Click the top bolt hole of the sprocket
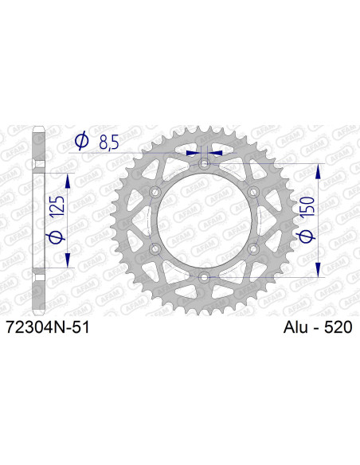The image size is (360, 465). pyautogui.click(x=205, y=164)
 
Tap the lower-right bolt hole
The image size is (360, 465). pyautogui.click(x=254, y=248)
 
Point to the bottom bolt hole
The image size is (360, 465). pyautogui.click(x=205, y=277)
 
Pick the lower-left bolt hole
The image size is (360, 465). pyautogui.click(x=155, y=248)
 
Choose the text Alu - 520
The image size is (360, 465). pyautogui.click(x=318, y=326)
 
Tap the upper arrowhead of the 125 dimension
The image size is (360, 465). pyautogui.click(x=66, y=179)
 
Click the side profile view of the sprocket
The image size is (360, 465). pyautogui.click(x=37, y=221)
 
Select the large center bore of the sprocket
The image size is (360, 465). pyautogui.click(x=205, y=221)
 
